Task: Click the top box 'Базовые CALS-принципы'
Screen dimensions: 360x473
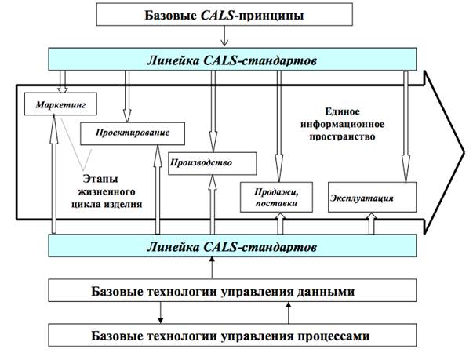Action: pyautogui.click(x=224, y=14)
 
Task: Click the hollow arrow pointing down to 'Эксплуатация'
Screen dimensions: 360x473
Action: pyautogui.click(x=405, y=125)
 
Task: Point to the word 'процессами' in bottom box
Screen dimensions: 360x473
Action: pyautogui.click(x=333, y=336)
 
